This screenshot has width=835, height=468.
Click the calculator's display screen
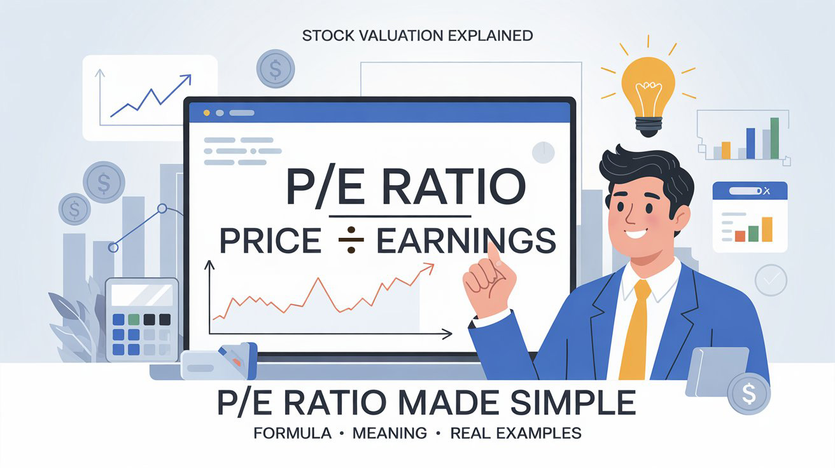pyautogui.click(x=141, y=296)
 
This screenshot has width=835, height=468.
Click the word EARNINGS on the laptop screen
pyautogui.click(x=465, y=242)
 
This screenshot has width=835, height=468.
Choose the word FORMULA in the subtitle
pyautogui.click(x=292, y=434)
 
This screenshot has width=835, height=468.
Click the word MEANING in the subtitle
pyautogui.click(x=390, y=434)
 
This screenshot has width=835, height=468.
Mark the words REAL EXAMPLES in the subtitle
pyautogui.click(x=516, y=434)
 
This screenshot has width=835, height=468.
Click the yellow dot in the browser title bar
pyautogui.click(x=206, y=113)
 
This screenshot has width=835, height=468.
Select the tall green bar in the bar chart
pyautogui.click(x=775, y=138)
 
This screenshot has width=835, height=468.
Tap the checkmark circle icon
pyautogui.click(x=771, y=280)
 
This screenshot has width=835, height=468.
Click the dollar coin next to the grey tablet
pyautogui.click(x=748, y=394)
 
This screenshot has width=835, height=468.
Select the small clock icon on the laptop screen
pyautogui.click(x=543, y=152)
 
